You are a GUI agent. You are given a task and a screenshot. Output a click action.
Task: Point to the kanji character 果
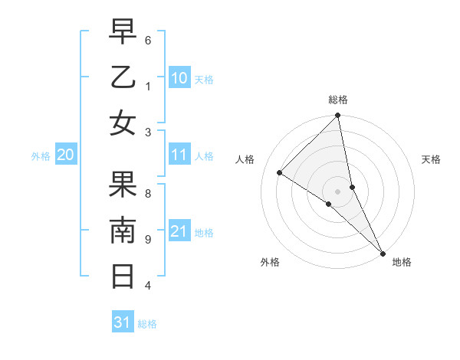(x=123, y=184)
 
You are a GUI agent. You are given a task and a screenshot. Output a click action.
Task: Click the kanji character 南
(x=123, y=230)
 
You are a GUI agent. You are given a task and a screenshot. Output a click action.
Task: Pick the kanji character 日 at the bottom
(x=123, y=275)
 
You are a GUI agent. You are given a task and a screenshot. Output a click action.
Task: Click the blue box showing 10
(x=179, y=78)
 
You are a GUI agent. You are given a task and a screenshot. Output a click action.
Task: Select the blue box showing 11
(x=179, y=155)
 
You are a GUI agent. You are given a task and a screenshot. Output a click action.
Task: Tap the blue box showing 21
(x=179, y=231)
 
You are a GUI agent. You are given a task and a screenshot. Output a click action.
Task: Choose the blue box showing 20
(x=65, y=155)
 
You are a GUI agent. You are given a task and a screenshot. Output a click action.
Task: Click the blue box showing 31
(x=123, y=322)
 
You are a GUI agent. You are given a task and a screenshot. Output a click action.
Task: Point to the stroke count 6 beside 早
(x=148, y=40)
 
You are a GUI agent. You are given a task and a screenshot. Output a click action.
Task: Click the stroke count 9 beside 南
(x=148, y=240)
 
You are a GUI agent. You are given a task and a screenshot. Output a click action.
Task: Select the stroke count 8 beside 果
(x=148, y=193)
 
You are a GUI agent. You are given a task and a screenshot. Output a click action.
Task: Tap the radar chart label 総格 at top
(x=338, y=100)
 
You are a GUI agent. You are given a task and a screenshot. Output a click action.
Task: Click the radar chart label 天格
(x=432, y=159)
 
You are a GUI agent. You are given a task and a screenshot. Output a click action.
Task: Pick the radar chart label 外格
(x=270, y=262)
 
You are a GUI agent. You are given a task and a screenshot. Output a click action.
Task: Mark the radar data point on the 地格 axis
(x=382, y=252)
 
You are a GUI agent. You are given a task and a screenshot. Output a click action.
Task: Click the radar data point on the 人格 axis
(x=280, y=172)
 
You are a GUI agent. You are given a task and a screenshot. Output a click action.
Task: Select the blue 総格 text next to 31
(x=147, y=324)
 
